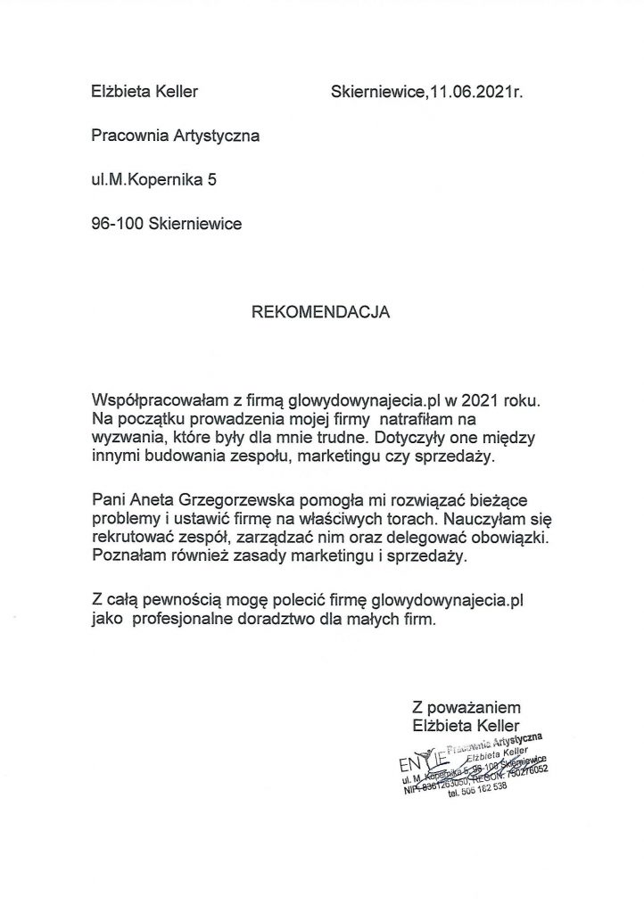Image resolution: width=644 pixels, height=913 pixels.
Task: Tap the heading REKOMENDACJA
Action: click(321, 313)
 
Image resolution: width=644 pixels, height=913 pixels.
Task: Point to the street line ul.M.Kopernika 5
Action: click(153, 179)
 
